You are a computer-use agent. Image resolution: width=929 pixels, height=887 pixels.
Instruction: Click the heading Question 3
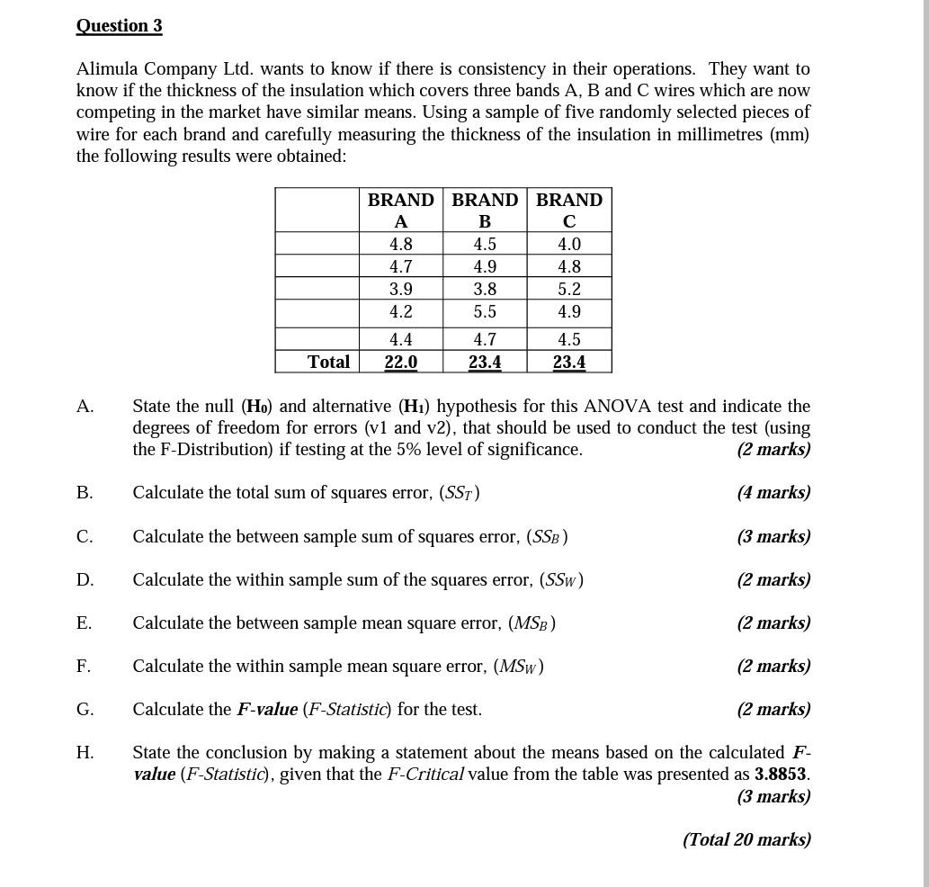pos(119,25)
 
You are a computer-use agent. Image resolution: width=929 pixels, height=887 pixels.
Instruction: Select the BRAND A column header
pos(400,210)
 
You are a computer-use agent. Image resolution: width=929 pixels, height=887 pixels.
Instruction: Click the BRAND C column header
pos(569,210)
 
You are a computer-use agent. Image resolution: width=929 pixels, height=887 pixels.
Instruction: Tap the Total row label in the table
pos(328,362)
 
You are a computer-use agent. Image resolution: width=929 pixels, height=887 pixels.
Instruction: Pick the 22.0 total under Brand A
pos(400,362)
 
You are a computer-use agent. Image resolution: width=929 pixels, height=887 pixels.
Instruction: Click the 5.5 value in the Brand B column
pos(485,312)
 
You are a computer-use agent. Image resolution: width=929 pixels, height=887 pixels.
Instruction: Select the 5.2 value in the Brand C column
pos(569,290)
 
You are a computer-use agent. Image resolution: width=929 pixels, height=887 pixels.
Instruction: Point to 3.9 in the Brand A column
pos(400,290)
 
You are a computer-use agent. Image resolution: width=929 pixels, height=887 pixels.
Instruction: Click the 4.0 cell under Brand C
pos(569,245)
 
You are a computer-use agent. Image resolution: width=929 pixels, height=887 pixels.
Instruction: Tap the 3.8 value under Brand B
pos(485,290)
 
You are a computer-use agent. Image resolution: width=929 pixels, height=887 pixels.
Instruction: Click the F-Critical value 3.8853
pos(780,775)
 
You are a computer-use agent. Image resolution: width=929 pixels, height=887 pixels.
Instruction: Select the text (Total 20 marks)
pos(746,839)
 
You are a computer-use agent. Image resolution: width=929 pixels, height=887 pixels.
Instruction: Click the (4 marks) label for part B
pos(773,493)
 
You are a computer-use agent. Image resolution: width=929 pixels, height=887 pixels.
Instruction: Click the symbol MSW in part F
pos(519,667)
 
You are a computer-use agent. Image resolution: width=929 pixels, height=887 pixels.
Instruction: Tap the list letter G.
pos(85,710)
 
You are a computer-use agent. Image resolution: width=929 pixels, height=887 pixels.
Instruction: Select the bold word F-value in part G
pos(267,710)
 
